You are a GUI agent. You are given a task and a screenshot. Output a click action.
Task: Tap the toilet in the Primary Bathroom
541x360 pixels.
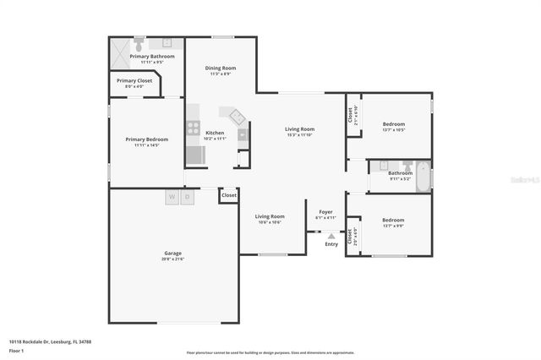[139, 42]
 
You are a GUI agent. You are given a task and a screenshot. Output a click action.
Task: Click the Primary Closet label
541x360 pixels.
[134, 80]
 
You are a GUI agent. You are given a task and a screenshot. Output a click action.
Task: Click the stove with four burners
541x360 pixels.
[193, 128]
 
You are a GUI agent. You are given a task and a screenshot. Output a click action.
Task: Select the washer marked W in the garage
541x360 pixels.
[172, 196]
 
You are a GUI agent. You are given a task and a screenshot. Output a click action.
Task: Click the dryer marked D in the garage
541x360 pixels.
[188, 196]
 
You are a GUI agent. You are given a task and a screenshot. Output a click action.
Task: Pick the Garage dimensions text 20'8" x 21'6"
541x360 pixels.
[172, 259]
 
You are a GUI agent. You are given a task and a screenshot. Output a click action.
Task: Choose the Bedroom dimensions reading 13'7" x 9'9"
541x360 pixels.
[393, 226]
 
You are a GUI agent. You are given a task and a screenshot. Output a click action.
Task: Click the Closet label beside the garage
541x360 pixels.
[229, 195]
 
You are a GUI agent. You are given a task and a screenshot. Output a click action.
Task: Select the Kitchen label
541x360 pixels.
[216, 133]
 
